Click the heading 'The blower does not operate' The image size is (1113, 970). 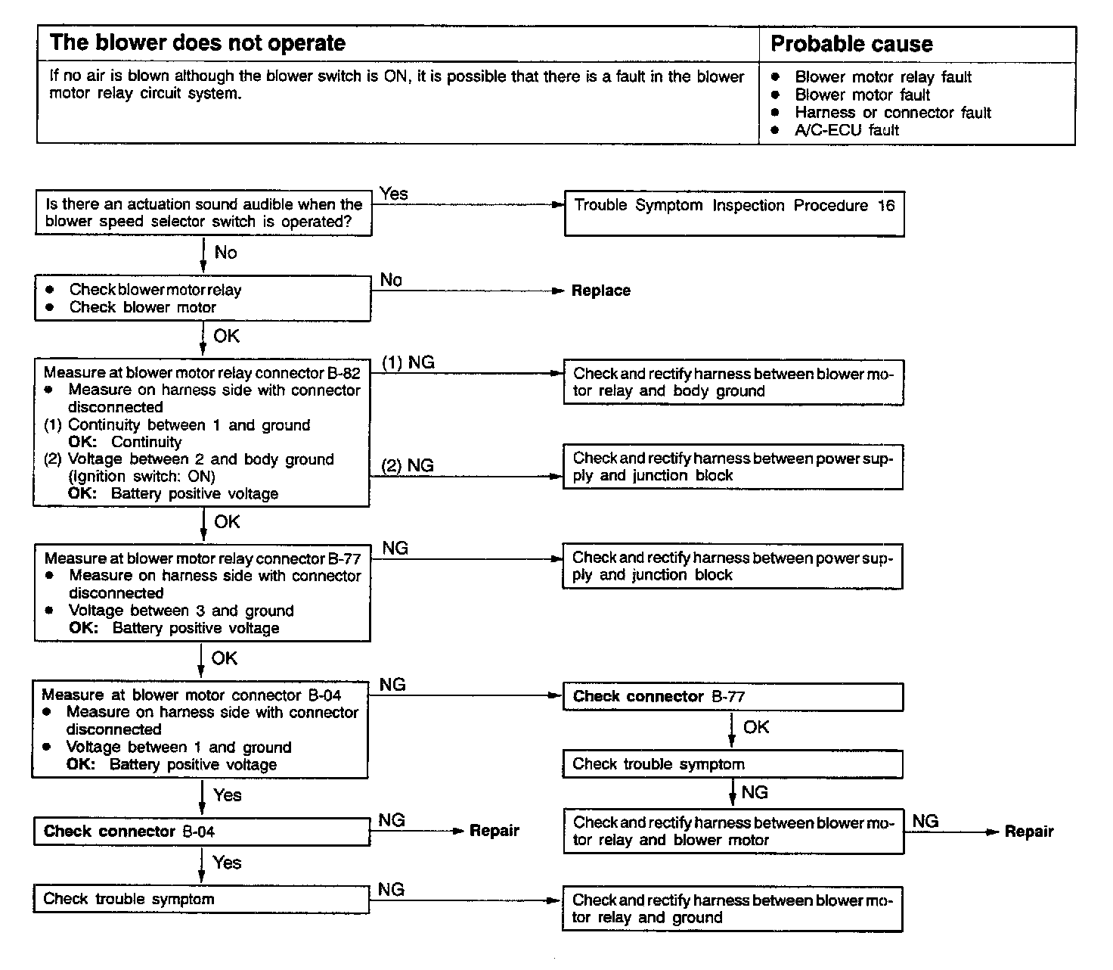pyautogui.click(x=197, y=43)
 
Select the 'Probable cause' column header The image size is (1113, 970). pyautogui.click(x=851, y=44)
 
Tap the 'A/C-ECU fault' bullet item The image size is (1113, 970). pyautogui.click(x=846, y=130)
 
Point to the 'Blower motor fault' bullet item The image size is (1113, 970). pyautogui.click(x=862, y=95)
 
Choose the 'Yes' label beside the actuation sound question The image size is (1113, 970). pyautogui.click(x=393, y=194)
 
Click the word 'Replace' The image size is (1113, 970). pyautogui.click(x=600, y=291)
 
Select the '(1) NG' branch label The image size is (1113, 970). pyautogui.click(x=408, y=362)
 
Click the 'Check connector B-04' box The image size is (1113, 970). pyautogui.click(x=201, y=832)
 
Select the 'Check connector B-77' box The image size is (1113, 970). pyautogui.click(x=732, y=697)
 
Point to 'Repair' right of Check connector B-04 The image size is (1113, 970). pyautogui.click(x=494, y=831)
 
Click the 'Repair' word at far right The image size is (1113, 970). pyautogui.click(x=1028, y=832)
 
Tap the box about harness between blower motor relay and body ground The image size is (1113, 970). pyautogui.click(x=732, y=382)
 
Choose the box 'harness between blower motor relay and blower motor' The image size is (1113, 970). pyautogui.click(x=732, y=831)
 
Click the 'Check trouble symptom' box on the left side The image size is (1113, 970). pyautogui.click(x=201, y=899)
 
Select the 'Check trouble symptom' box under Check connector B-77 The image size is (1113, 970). pyautogui.click(x=732, y=764)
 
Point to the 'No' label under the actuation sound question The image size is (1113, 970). pyautogui.click(x=225, y=253)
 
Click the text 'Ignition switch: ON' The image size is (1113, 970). pyautogui.click(x=142, y=477)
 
